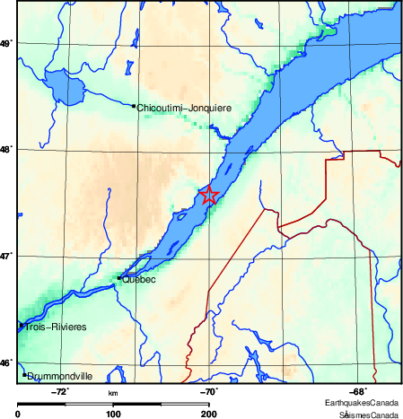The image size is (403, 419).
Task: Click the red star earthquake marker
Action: pyautogui.click(x=208, y=195)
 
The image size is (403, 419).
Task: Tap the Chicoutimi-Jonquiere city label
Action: pyautogui.click(x=184, y=108)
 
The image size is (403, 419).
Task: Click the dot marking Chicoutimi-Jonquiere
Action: pyautogui.click(x=134, y=106)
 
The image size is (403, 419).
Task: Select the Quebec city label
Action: pyautogui.click(x=138, y=280)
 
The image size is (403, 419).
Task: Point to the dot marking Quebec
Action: pyautogui.click(x=118, y=278)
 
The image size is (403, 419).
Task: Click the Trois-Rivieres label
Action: pyautogui.click(x=56, y=327)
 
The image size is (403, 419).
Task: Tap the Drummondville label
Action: pyautogui.click(x=60, y=377)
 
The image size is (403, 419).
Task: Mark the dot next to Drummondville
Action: pyautogui.click(x=25, y=374)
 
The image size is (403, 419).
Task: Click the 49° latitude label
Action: pyautogui.click(x=6, y=43)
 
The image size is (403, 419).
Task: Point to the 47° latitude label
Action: pyautogui.click(x=6, y=257)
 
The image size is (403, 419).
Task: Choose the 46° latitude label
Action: pyautogui.click(x=6, y=363)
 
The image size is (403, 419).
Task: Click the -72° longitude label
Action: pyautogui.click(x=60, y=391)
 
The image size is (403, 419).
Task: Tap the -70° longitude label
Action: pyautogui.click(x=207, y=391)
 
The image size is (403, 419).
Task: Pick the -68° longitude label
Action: pyautogui.click(x=356, y=391)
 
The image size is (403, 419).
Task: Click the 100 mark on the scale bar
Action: pyautogui.click(x=114, y=414)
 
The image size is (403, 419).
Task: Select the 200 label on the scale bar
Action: pyautogui.click(x=208, y=414)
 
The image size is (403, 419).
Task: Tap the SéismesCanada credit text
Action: pyautogui.click(x=369, y=415)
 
